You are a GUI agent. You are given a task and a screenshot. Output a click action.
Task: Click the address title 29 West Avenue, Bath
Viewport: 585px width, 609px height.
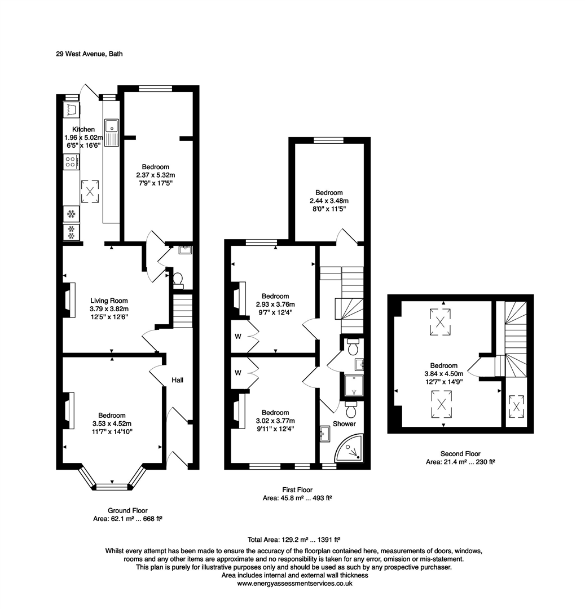coord(89,54)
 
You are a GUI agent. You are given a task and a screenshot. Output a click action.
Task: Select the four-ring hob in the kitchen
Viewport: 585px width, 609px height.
coord(71,162)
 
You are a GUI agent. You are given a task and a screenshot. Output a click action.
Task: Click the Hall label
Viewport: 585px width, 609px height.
coord(178,381)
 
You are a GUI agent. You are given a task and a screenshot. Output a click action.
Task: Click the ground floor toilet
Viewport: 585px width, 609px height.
coord(178,278)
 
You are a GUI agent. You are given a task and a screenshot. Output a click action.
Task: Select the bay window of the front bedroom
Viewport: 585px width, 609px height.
coord(112,483)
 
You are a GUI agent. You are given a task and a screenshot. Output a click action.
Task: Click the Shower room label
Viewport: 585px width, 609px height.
coord(344,423)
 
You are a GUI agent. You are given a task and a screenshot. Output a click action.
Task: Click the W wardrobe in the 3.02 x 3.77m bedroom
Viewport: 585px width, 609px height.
coord(239,373)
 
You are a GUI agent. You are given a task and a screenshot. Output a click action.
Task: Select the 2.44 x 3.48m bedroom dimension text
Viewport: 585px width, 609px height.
coord(329,201)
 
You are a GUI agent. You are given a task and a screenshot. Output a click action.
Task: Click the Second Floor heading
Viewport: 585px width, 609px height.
coord(460,453)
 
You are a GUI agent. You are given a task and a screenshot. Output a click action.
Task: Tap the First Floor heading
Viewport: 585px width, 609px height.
coord(297,490)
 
